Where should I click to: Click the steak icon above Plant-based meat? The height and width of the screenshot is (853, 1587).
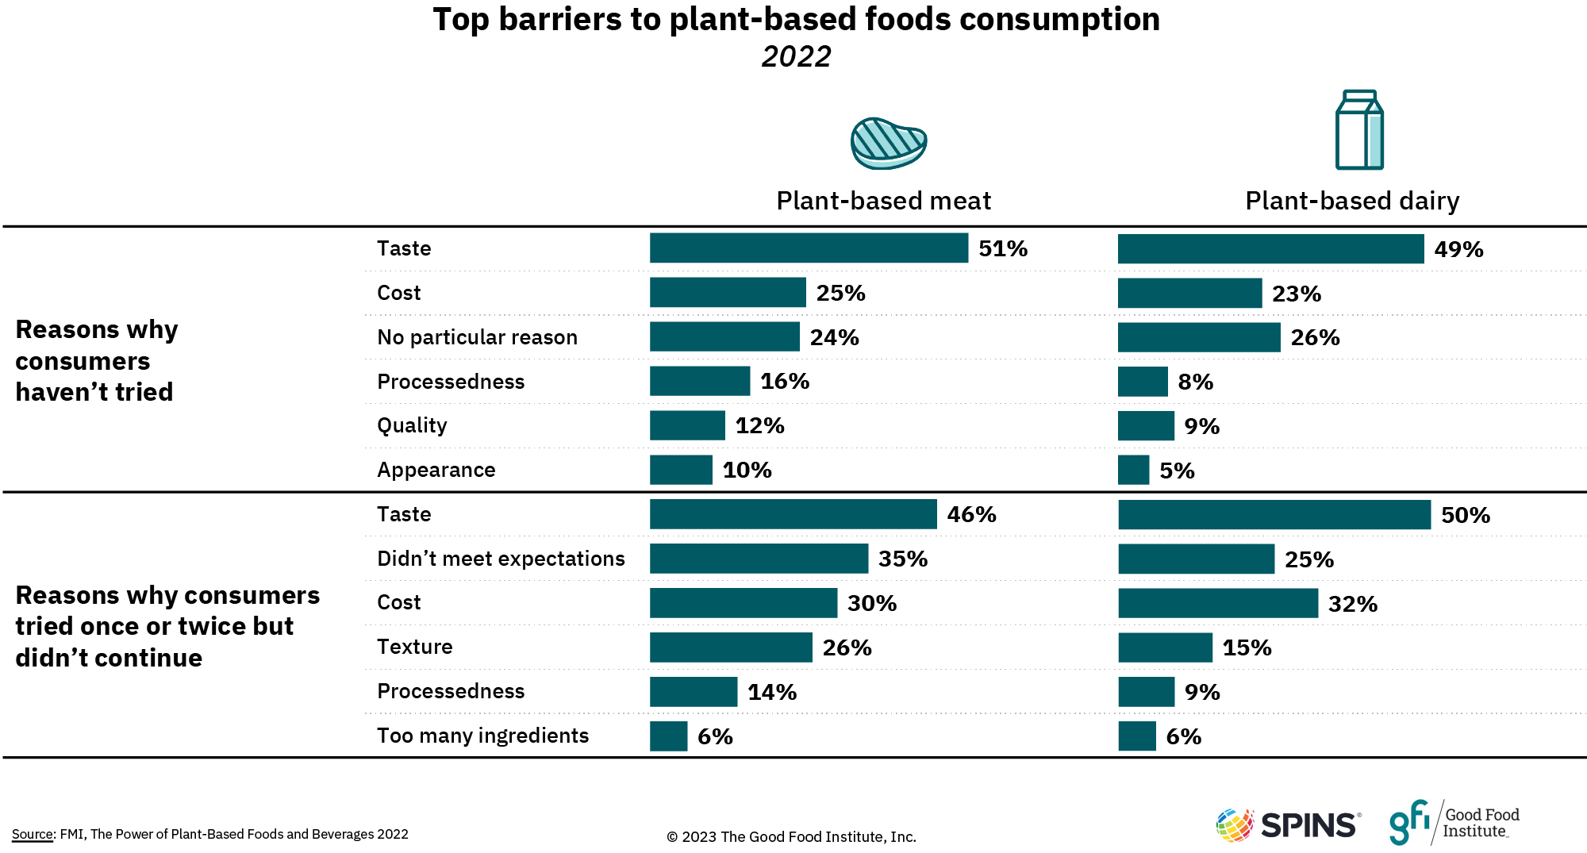pyautogui.click(x=888, y=144)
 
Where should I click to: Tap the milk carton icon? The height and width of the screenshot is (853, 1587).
pyautogui.click(x=1359, y=130)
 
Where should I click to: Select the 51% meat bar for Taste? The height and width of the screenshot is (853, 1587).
pyautogui.click(x=809, y=248)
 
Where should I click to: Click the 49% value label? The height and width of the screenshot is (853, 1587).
pyautogui.click(x=1458, y=249)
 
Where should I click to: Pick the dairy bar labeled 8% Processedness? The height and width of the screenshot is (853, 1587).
pyautogui.click(x=1143, y=382)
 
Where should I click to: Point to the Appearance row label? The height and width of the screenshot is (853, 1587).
pyautogui.click(x=436, y=470)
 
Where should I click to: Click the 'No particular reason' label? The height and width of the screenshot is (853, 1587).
pyautogui.click(x=477, y=337)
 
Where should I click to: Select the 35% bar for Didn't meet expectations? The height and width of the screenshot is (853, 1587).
pyautogui.click(x=759, y=559)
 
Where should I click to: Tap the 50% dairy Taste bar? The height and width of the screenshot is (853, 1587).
pyautogui.click(x=1274, y=515)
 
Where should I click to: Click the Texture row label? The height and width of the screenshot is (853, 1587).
pyautogui.click(x=414, y=647)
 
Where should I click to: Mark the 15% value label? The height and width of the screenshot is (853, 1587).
pyautogui.click(x=1247, y=647)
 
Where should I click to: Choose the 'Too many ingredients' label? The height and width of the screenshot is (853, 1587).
pyautogui.click(x=482, y=736)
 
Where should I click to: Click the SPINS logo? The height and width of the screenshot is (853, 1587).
pyautogui.click(x=1289, y=825)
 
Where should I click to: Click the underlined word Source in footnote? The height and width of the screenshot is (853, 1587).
pyautogui.click(x=33, y=834)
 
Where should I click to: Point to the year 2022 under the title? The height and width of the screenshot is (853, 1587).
pyautogui.click(x=796, y=56)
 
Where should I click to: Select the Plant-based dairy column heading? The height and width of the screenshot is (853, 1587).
pyautogui.click(x=1352, y=201)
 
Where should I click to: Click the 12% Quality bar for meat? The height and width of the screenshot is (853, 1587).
pyautogui.click(x=687, y=425)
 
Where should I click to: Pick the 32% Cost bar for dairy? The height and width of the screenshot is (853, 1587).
pyautogui.click(x=1218, y=603)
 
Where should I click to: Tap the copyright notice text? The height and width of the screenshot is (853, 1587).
pyautogui.click(x=791, y=836)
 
